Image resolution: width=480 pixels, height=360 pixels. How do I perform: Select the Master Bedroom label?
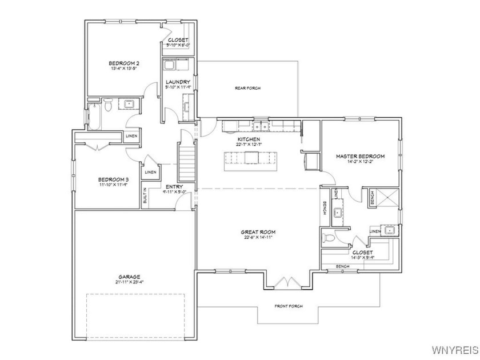coord(359,156)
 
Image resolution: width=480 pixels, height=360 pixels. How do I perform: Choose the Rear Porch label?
coord(247,88)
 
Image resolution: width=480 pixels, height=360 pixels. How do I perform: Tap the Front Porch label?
coord(288,306)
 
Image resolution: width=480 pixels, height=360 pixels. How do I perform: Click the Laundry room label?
coord(178,82)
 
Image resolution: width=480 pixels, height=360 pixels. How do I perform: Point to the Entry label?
coord(174,187)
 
